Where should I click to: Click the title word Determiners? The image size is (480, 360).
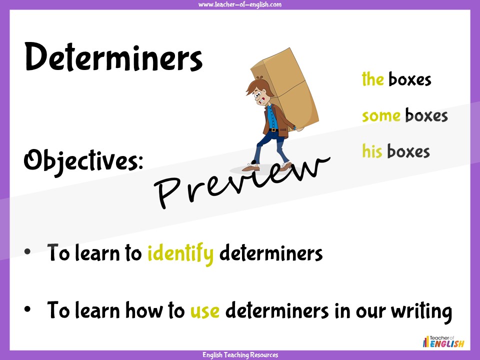point(113,57)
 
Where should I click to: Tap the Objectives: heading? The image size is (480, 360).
point(83,160)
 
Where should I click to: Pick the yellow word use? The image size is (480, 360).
point(205,311)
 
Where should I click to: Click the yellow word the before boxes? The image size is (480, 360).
point(372,79)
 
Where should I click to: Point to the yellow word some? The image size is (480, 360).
point(381,115)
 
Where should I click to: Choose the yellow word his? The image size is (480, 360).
point(372,151)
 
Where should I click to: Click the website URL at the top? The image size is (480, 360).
point(240,4)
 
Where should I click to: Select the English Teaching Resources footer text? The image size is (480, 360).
point(240,355)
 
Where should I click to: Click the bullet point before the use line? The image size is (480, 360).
point(28,310)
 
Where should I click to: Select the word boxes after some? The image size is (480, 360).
point(426,115)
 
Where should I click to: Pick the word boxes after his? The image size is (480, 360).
point(408,151)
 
